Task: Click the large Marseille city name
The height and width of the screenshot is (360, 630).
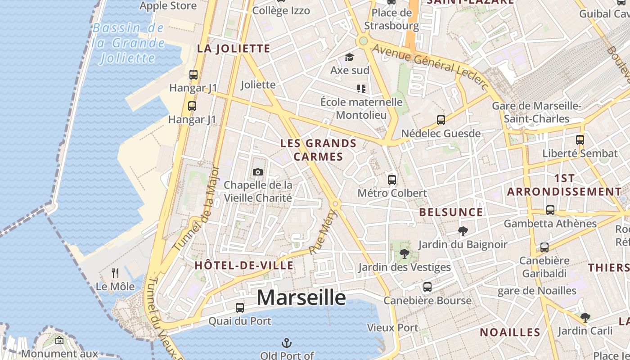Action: point(301,297)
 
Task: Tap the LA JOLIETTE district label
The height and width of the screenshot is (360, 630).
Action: point(234,49)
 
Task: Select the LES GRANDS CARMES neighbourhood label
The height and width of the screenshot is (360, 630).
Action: point(318,150)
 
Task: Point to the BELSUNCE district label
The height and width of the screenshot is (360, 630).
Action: point(451,212)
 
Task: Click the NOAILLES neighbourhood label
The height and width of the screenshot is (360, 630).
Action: point(509,332)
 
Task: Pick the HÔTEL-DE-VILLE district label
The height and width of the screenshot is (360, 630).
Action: point(244,265)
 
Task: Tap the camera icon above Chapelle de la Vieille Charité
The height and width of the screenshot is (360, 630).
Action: point(258,172)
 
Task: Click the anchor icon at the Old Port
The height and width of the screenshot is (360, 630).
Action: point(286,343)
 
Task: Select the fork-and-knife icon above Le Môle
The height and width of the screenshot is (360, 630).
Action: point(115,273)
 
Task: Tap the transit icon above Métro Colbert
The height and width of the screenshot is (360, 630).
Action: point(392,180)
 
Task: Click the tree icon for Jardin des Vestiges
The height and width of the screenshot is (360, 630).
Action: point(404,254)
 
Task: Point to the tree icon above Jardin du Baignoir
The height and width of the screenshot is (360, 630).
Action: point(462,231)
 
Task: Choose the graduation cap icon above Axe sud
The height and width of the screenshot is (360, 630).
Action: point(349,57)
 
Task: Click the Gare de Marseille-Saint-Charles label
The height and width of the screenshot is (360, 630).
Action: point(536,112)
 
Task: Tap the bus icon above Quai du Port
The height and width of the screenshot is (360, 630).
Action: point(240,308)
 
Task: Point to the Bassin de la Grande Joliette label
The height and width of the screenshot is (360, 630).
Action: point(128,43)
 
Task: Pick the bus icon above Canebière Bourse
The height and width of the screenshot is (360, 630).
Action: point(427,287)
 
